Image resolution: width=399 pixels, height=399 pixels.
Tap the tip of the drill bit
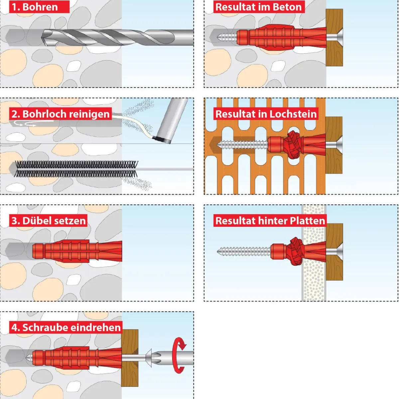[x=42, y=38]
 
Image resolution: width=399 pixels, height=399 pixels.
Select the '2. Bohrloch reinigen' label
[x=60, y=114]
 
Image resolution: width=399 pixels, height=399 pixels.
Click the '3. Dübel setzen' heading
[x=48, y=220]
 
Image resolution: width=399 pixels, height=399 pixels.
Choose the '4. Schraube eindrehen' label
[x=66, y=328]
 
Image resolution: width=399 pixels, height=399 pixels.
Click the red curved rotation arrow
[x=180, y=355]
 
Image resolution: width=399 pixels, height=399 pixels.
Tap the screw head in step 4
[x=149, y=358]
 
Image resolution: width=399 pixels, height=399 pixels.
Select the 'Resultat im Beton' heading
[x=259, y=7]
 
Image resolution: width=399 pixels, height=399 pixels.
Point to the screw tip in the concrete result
[x=218, y=37]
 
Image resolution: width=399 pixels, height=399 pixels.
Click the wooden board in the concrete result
[x=334, y=38]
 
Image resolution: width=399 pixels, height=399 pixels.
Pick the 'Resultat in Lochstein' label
[x=266, y=114]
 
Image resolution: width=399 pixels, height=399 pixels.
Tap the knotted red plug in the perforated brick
[x=292, y=145]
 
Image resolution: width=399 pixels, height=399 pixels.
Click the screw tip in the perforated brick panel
[x=218, y=144]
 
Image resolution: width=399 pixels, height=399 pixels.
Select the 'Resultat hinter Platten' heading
[x=270, y=220]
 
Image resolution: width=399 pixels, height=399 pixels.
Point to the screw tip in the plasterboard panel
[x=218, y=252]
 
